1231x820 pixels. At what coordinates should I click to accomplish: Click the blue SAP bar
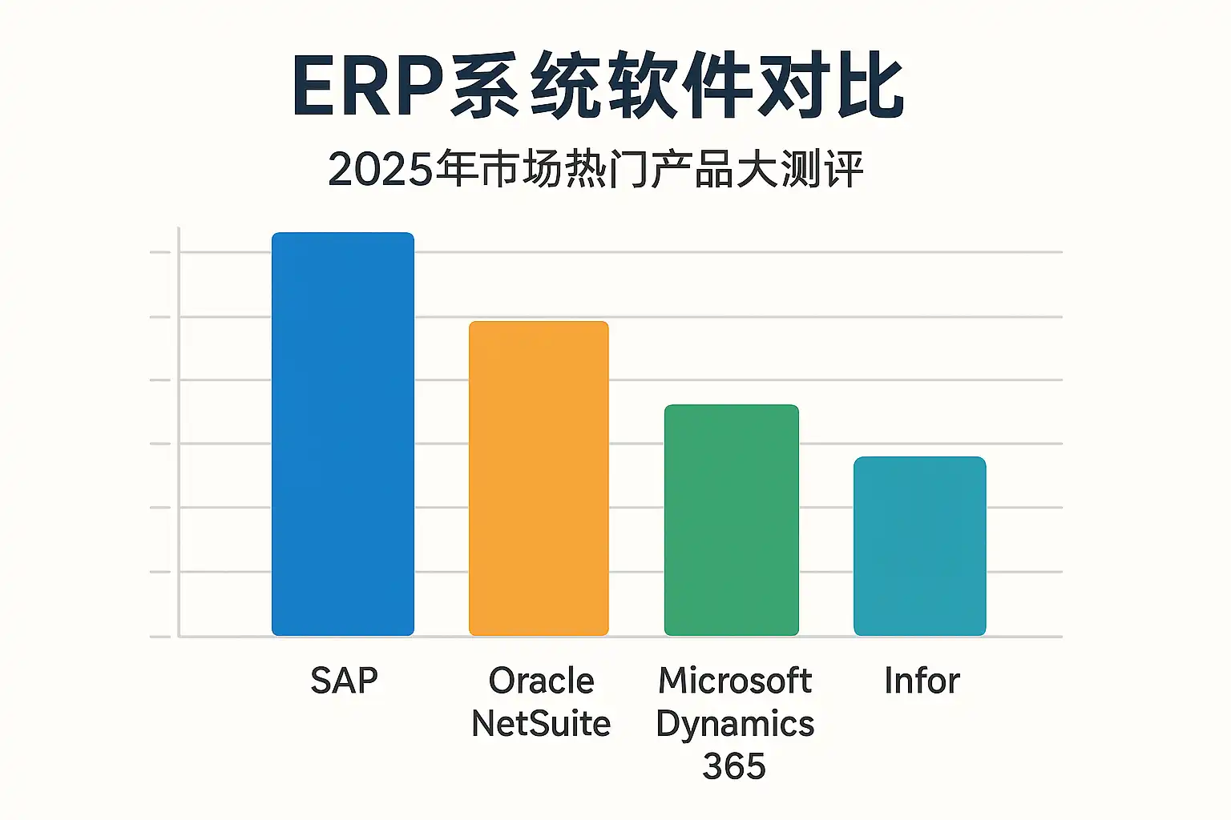pyautogui.click(x=343, y=434)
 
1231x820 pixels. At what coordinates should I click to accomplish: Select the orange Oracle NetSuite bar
pyautogui.click(x=539, y=478)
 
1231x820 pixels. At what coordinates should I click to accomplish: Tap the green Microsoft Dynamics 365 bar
pyautogui.click(x=732, y=521)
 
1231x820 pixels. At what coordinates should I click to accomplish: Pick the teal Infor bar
pyautogui.click(x=920, y=546)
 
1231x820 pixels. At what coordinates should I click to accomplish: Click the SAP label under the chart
pyautogui.click(x=344, y=681)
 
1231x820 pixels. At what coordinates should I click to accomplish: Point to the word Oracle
pyautogui.click(x=541, y=681)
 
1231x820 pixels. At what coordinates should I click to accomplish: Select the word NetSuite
pyautogui.click(x=541, y=723)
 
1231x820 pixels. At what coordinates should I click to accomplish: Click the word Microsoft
pyautogui.click(x=735, y=681)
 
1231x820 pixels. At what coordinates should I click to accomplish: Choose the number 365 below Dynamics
pyautogui.click(x=734, y=766)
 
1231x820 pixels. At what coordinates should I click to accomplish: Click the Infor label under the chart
pyautogui.click(x=922, y=681)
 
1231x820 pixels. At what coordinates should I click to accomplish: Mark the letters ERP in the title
pyautogui.click(x=368, y=86)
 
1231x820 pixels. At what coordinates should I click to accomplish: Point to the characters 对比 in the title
pyautogui.click(x=830, y=85)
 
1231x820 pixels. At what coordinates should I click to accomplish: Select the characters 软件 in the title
pyautogui.click(x=679, y=85)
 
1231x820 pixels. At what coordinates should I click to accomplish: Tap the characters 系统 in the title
pyautogui.click(x=525, y=85)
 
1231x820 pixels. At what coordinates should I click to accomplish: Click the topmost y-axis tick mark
pyautogui.click(x=160, y=252)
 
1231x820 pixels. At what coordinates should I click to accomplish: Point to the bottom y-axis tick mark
pyautogui.click(x=160, y=637)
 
